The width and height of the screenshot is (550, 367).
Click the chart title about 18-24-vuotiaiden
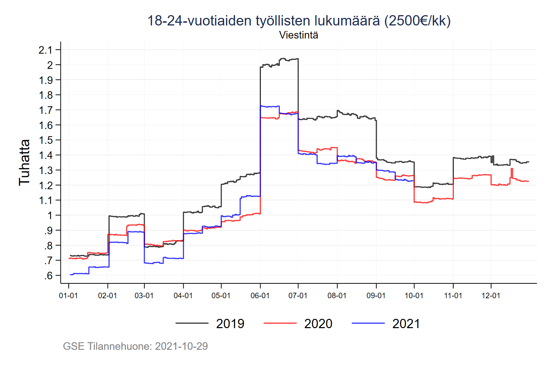[299, 21]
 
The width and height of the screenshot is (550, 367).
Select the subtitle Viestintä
[298, 35]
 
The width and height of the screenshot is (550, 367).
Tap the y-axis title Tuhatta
[24, 162]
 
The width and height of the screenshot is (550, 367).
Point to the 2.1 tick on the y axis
[45, 50]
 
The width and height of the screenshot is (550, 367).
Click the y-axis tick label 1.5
[45, 140]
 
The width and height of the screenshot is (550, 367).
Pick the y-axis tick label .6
[48, 276]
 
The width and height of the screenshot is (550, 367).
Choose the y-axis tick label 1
[50, 216]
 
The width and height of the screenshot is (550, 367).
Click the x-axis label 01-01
[68, 296]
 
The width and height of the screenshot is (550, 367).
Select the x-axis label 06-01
[260, 296]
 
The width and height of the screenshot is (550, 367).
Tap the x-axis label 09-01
[376, 296]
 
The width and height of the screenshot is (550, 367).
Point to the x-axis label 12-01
[491, 296]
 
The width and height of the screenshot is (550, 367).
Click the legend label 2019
[230, 324]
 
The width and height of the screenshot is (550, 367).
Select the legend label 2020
[318, 324]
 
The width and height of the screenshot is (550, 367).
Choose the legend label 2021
[406, 324]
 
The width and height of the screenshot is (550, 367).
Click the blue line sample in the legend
[368, 323]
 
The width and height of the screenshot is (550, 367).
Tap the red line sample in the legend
[280, 323]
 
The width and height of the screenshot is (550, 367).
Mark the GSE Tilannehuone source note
[135, 346]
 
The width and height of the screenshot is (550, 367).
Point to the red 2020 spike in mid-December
[512, 169]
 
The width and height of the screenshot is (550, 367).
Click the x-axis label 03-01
[144, 296]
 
